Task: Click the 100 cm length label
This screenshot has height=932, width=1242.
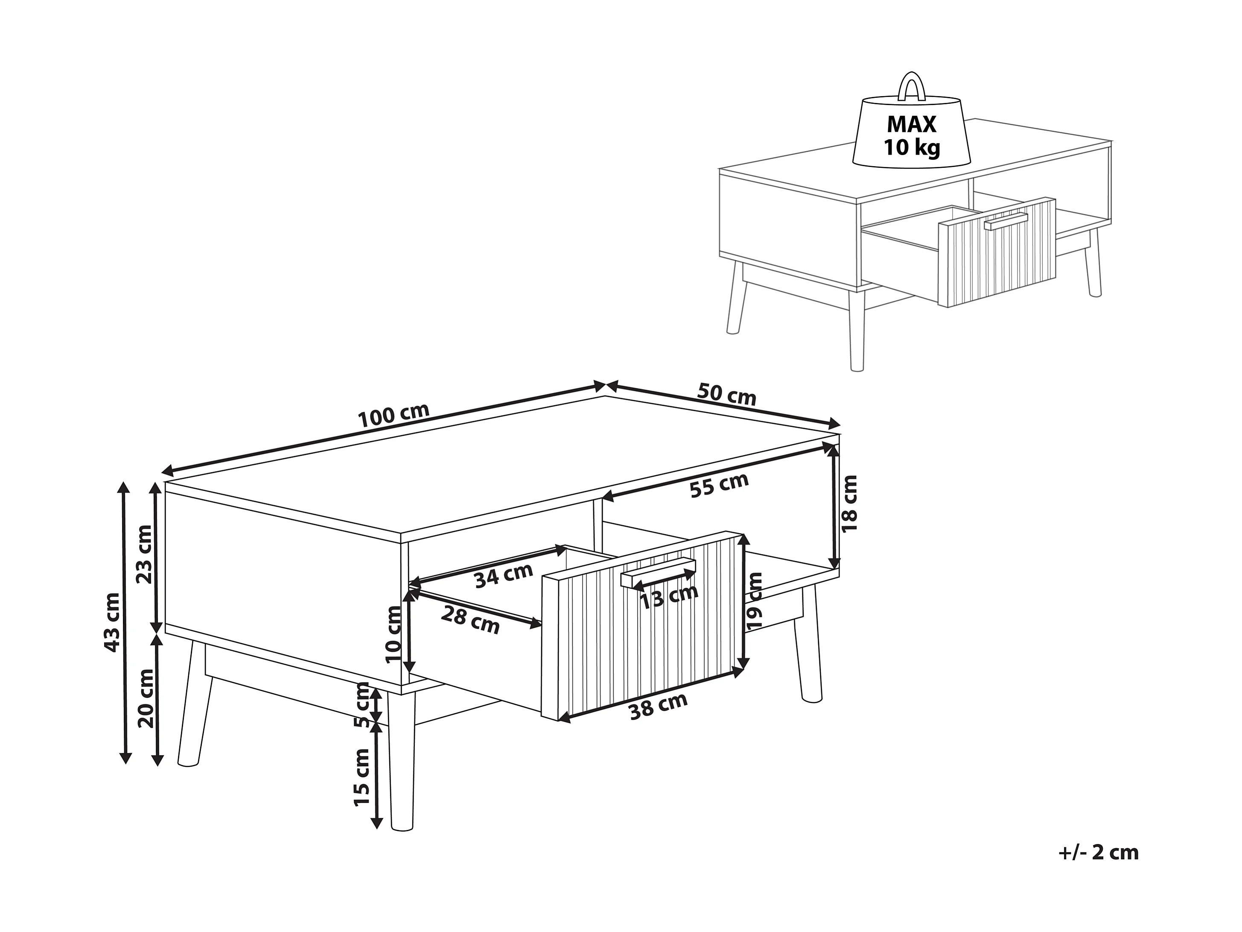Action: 394,415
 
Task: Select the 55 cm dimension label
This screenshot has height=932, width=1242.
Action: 719,485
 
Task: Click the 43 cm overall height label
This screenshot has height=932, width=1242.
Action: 112,622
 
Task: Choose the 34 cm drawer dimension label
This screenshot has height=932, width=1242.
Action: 503,575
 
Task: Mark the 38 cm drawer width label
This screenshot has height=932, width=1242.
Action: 658,706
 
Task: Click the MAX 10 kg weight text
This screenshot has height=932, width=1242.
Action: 912,135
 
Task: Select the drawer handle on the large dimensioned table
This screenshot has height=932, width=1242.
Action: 658,574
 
